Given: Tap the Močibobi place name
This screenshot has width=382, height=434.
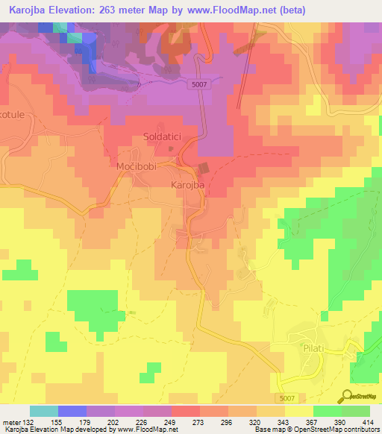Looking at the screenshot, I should coord(136,166).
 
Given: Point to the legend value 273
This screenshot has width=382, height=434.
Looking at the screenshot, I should coord(199,423).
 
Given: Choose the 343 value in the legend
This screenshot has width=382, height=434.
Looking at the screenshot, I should coord(284,423).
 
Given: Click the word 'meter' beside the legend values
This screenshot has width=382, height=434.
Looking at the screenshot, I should coord(11,423).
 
